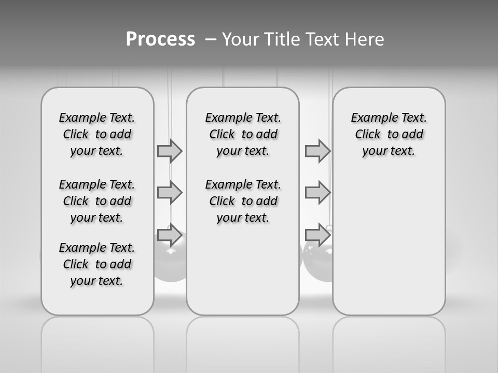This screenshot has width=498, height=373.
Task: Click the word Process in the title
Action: tap(160, 39)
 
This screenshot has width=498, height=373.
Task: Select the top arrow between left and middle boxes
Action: tap(170, 151)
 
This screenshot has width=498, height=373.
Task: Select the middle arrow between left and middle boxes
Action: tap(170, 193)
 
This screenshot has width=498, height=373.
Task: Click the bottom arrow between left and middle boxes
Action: tap(170, 235)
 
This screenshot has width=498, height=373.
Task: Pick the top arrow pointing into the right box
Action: tap(317, 151)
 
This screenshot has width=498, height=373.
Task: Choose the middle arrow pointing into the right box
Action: tap(317, 193)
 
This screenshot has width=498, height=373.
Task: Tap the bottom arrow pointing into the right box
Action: tap(317, 235)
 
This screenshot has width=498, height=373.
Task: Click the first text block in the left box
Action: tap(97, 134)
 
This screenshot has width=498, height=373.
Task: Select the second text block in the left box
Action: tap(97, 201)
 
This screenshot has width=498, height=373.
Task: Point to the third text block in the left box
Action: tap(97, 264)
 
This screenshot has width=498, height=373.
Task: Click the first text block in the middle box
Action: tap(243, 134)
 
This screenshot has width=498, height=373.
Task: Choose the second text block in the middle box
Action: tap(243, 201)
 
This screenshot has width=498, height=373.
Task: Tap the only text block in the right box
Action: tap(389, 134)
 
